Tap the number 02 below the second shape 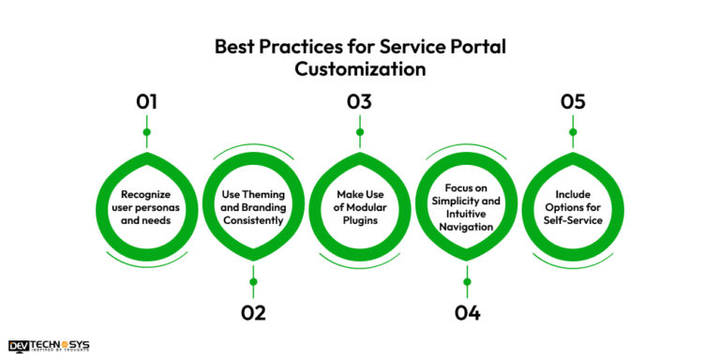pyautogui.click(x=253, y=312)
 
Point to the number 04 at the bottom pyautogui.click(x=466, y=312)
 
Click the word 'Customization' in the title pyautogui.click(x=360, y=68)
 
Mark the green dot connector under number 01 pyautogui.click(x=146, y=132)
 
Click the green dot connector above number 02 pyautogui.click(x=253, y=281)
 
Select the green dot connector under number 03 pyautogui.click(x=359, y=132)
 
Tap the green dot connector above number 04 pyautogui.click(x=466, y=281)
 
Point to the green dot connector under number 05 pyautogui.click(x=573, y=132)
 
